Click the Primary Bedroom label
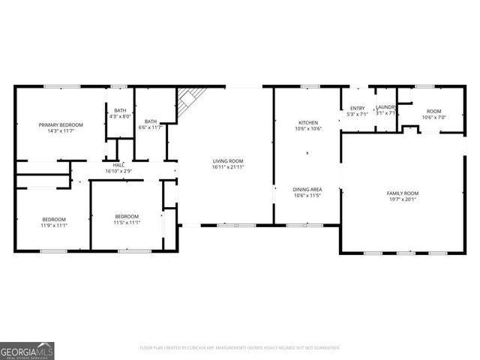point(61,124)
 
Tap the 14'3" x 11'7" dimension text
point(61,131)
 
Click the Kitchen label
point(307,122)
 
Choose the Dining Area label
point(307,189)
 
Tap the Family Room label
point(403,193)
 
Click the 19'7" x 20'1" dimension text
point(403,199)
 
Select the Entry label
point(357,108)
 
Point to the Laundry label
point(385,108)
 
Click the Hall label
point(118,165)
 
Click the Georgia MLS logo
point(27,351)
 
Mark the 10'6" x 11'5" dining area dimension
point(307,196)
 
